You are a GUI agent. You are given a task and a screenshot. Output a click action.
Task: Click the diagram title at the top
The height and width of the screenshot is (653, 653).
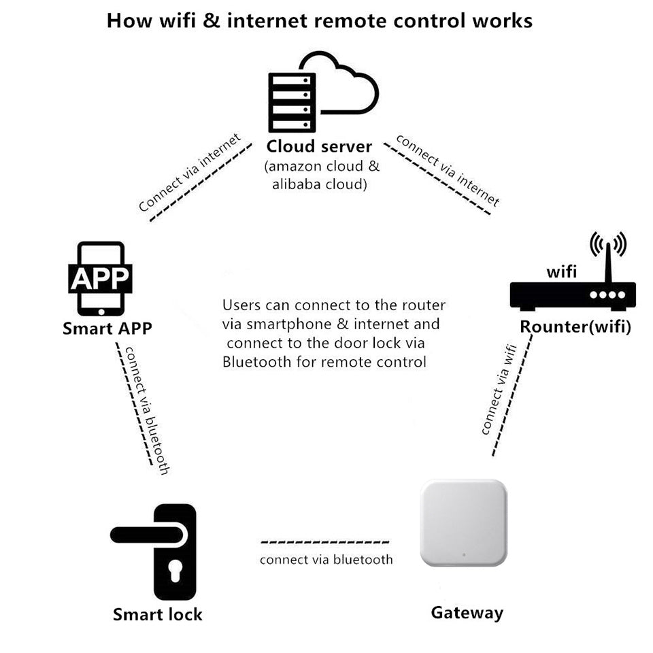point(320,20)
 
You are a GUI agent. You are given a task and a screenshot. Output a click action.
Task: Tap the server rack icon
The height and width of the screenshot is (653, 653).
point(292,103)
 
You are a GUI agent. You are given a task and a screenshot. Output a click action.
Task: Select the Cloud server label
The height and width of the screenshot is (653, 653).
point(319,146)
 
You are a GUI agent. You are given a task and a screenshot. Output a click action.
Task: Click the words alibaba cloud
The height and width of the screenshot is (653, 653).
point(320,184)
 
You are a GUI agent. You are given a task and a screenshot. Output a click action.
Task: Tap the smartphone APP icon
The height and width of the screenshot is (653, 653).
point(101,278)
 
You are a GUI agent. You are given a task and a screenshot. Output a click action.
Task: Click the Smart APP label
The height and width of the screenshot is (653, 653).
point(107,328)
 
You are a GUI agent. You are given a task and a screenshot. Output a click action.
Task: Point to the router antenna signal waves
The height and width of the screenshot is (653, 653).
point(607,244)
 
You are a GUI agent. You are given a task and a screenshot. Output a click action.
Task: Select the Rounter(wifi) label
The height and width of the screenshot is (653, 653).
point(575,326)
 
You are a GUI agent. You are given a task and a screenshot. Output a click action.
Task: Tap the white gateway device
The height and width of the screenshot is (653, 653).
point(464,522)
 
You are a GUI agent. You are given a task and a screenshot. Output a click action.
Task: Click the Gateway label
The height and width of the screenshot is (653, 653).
point(467,612)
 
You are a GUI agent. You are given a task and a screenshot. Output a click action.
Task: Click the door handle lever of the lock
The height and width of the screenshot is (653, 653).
point(146,535)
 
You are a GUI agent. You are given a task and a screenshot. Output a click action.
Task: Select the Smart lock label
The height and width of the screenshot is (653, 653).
point(157,614)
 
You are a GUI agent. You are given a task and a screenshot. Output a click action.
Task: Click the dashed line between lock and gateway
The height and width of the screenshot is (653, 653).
point(325,543)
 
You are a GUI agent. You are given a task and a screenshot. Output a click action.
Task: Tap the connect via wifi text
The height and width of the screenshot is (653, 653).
point(499,390)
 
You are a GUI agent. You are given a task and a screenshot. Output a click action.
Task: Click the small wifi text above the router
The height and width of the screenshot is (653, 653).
point(562,272)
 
